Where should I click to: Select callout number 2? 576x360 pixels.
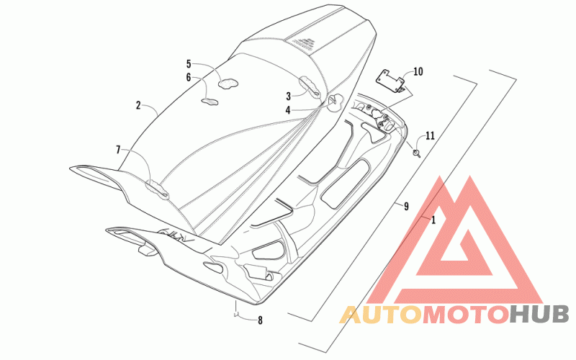(138, 105)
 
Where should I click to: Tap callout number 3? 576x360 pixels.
(288, 95)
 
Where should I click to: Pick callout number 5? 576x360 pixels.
(189, 64)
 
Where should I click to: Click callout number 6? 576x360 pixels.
(189, 77)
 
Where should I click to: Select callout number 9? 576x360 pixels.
(406, 207)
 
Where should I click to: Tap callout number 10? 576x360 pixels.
(418, 71)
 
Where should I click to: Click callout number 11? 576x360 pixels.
(430, 135)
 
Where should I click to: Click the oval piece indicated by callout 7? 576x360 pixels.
(156, 189)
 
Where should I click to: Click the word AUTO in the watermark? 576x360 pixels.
(379, 314)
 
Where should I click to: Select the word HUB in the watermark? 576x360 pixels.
(539, 314)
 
